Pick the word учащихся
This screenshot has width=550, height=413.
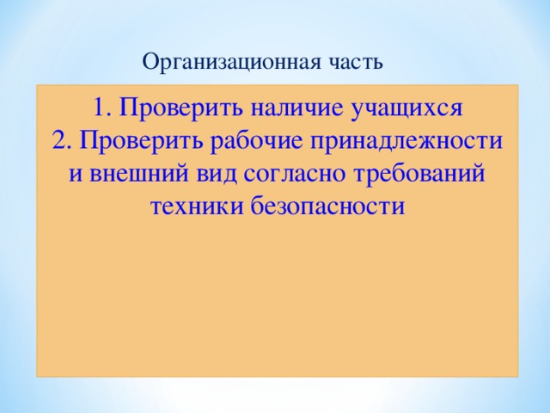[408, 108]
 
